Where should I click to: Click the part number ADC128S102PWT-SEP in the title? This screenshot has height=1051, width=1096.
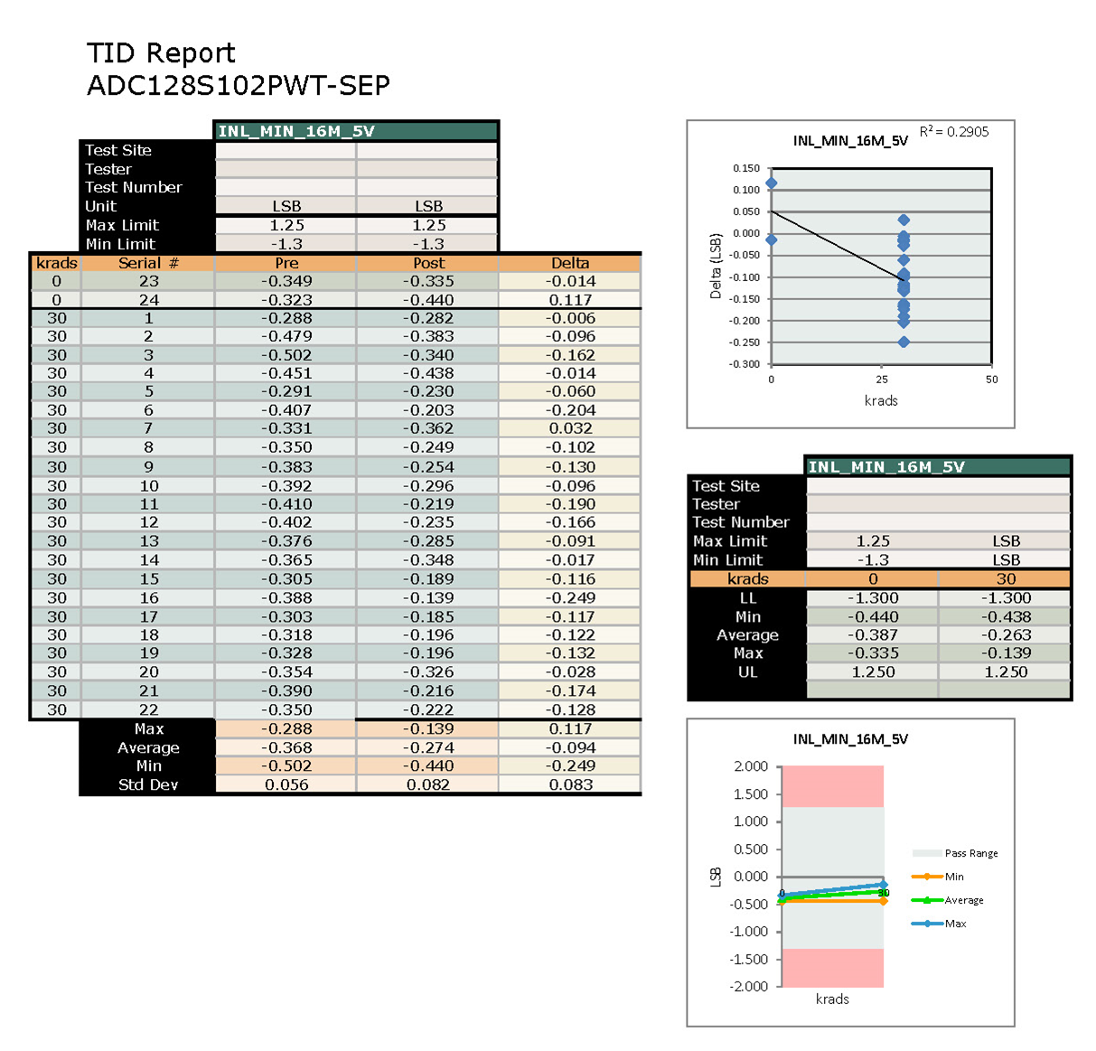point(238,85)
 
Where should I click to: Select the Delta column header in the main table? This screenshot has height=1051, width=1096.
point(570,263)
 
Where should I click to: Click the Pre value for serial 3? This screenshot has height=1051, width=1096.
point(286,355)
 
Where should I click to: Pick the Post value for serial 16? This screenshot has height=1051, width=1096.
point(428,597)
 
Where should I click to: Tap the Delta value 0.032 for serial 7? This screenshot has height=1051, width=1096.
point(570,428)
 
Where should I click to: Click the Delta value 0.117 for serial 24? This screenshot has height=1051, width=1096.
point(570,300)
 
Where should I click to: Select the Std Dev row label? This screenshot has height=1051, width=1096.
point(148,784)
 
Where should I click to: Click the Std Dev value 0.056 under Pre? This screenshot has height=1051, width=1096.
point(286,784)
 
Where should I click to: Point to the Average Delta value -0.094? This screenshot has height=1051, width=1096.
point(570,747)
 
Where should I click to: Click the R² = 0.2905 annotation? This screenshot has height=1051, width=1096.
point(954,132)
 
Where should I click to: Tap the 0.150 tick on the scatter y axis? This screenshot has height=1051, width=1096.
point(745,168)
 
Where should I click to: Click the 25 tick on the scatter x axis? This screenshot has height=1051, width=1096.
point(882,380)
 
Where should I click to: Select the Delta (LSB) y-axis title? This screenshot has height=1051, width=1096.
point(716,267)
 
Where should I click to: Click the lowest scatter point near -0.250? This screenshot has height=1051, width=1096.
point(904,342)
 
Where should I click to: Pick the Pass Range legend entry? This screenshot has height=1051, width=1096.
point(970,853)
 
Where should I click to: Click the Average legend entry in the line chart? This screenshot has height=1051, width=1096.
point(963,900)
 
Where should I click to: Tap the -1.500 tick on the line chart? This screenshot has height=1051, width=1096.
point(749,959)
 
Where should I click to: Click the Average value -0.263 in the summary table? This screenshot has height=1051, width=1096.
point(1006,635)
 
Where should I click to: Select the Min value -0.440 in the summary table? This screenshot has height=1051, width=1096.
point(873,616)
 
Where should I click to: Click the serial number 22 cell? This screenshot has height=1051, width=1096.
point(149,709)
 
